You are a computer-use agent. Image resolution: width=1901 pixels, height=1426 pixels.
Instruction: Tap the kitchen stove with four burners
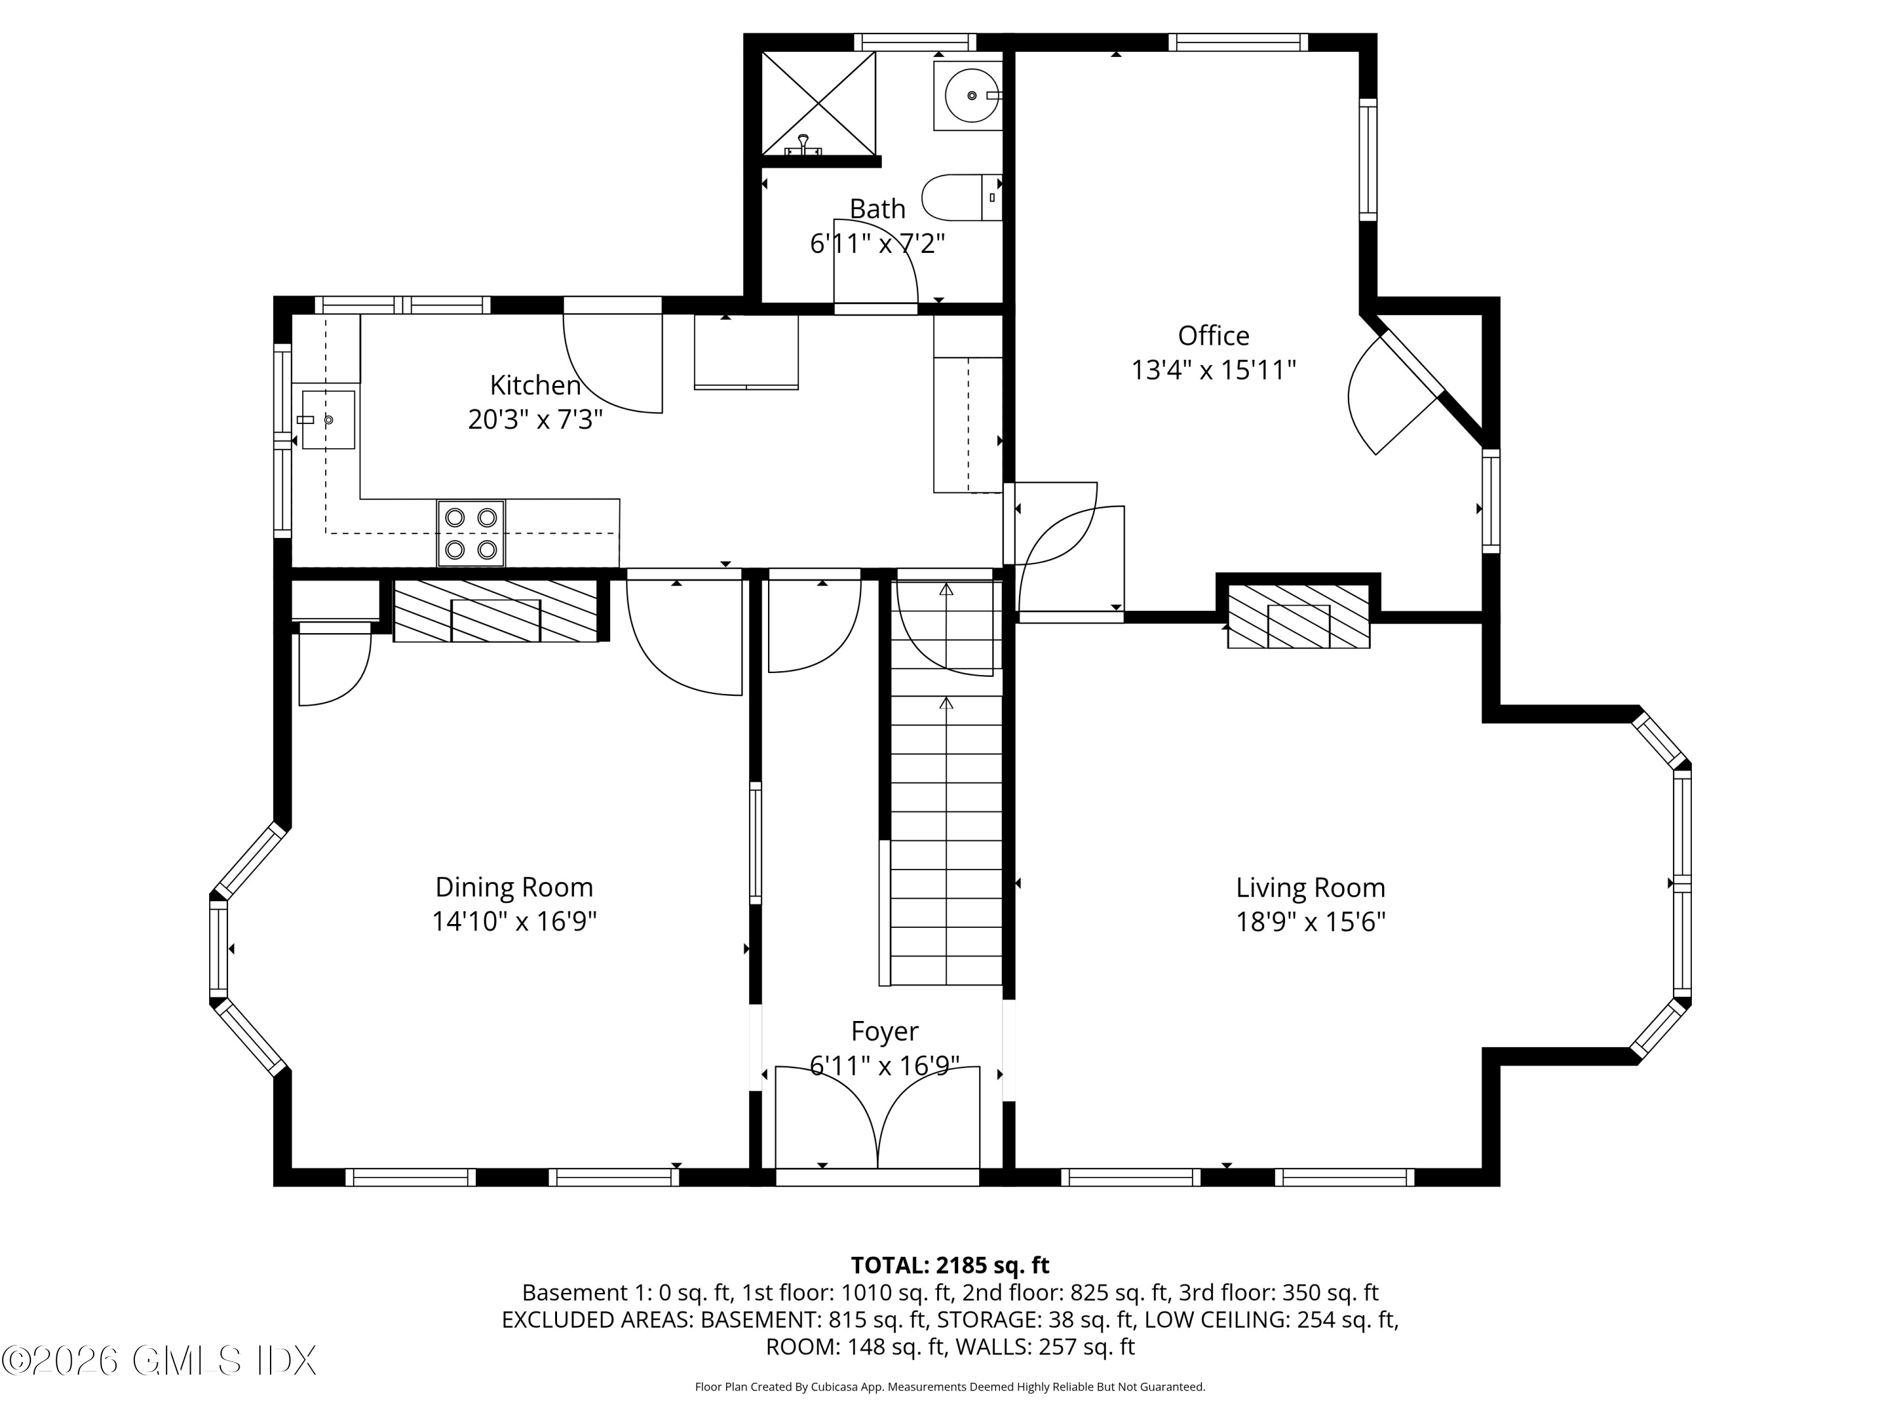point(471,533)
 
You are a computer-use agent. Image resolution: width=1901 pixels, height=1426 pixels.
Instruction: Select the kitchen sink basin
point(328,420)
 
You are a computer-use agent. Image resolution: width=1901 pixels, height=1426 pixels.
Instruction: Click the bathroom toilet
point(960,197)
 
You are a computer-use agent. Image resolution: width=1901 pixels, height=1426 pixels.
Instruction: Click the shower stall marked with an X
point(819,103)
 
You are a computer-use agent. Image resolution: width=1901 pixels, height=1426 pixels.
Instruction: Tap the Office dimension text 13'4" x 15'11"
point(1213,369)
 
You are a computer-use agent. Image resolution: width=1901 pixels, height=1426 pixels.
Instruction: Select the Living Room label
point(1310,887)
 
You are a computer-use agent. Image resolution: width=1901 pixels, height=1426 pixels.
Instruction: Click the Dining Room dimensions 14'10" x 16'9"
point(514,922)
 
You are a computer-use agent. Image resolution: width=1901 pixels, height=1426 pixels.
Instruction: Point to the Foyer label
point(885,1031)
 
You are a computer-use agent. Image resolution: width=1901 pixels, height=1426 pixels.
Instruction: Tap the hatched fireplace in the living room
point(1298,616)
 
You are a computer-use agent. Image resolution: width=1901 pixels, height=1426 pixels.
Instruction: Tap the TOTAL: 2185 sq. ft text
point(950,1265)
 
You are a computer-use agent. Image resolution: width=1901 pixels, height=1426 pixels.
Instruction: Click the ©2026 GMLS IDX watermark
point(159,1360)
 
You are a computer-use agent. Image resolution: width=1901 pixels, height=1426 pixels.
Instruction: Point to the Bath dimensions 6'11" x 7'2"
point(878,244)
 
